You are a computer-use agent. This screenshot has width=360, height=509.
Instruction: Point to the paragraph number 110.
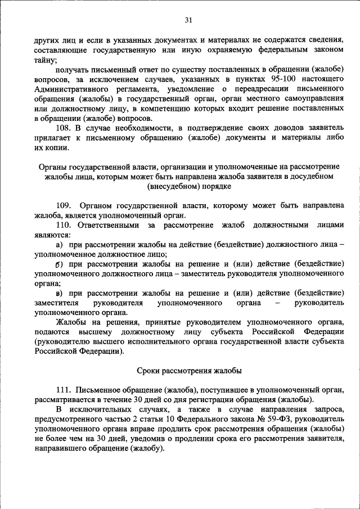click(64, 225)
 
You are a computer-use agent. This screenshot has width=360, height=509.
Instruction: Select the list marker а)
click(59, 246)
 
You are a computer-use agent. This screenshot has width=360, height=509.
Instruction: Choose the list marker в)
click(59, 293)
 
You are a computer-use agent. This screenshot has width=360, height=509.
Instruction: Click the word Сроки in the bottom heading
click(150, 371)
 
